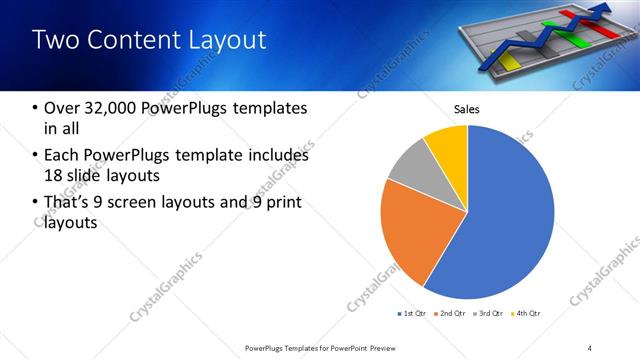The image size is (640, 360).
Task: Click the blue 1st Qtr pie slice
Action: [505, 215]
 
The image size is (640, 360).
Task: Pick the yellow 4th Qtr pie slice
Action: [448, 145]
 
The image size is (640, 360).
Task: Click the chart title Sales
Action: [467, 108]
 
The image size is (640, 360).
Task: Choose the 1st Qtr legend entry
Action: [413, 314]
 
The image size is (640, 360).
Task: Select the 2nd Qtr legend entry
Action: [451, 314]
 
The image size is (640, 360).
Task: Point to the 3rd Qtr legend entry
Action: [489, 314]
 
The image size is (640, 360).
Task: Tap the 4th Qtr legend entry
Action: [526, 314]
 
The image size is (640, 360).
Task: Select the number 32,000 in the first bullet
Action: [103, 108]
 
